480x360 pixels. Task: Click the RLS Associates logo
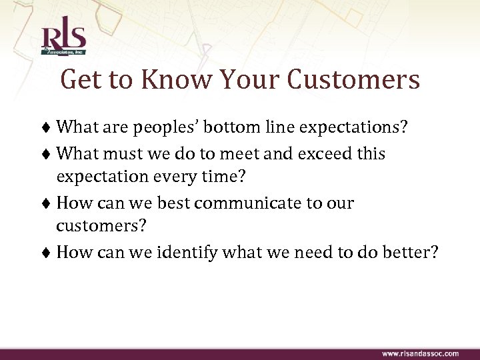63,41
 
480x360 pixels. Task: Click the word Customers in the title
354,81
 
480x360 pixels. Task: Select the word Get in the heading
82,81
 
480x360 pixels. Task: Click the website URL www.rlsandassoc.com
419,353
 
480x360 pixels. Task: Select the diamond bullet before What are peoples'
49,127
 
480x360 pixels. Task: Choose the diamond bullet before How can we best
49,203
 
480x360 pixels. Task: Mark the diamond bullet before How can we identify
49,253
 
